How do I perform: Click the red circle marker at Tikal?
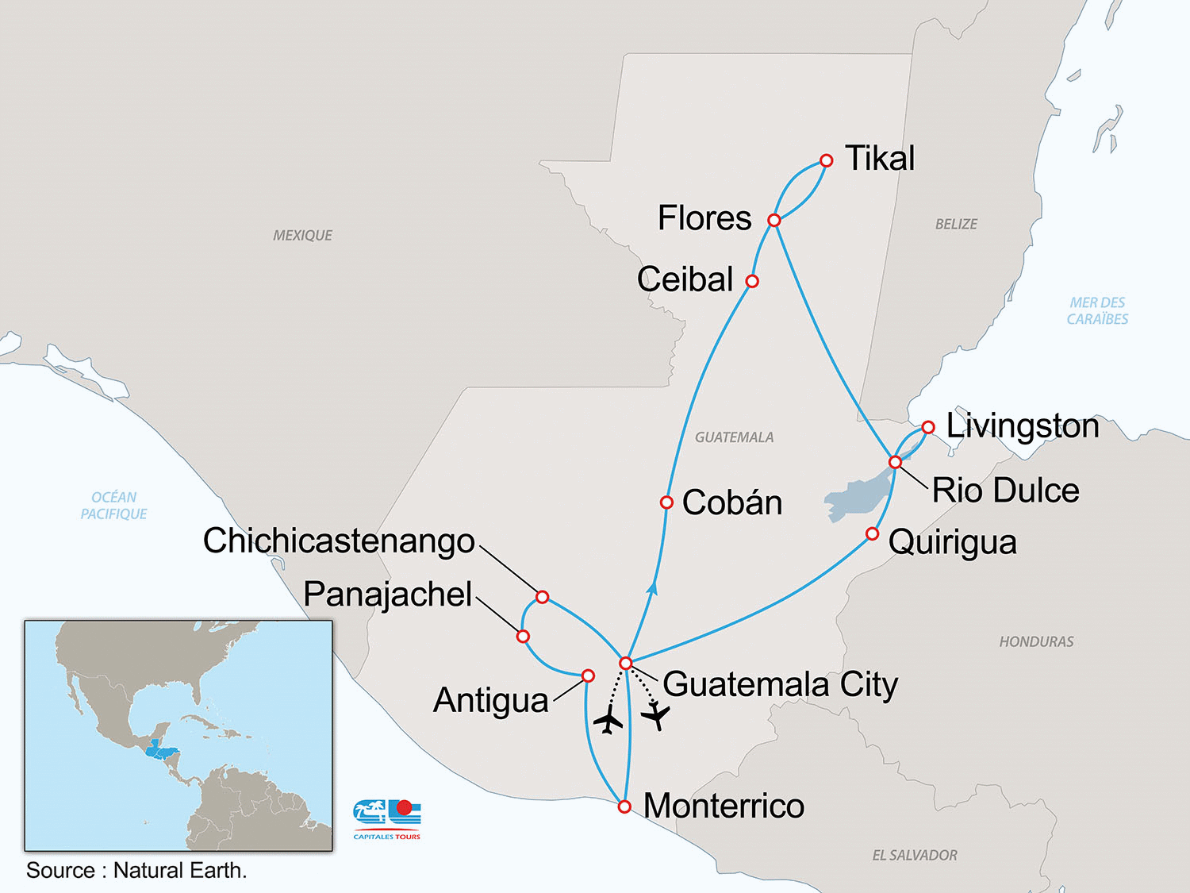(826, 160)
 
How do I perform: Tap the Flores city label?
(704, 218)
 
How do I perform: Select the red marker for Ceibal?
(752, 281)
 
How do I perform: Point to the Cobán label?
(731, 502)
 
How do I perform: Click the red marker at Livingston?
(928, 427)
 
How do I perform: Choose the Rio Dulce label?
(1005, 491)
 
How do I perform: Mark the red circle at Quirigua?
(872, 533)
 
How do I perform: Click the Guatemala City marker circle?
(626, 663)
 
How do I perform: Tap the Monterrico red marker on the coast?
(624, 806)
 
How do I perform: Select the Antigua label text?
(490, 701)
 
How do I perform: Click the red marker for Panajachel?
(523, 637)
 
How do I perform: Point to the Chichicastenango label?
(339, 541)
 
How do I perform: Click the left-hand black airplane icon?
(608, 721)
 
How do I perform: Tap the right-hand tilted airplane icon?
(656, 717)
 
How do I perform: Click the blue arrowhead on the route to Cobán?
(652, 588)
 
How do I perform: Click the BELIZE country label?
(956, 225)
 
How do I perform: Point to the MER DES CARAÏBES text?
(1097, 310)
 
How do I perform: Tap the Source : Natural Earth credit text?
(136, 871)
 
